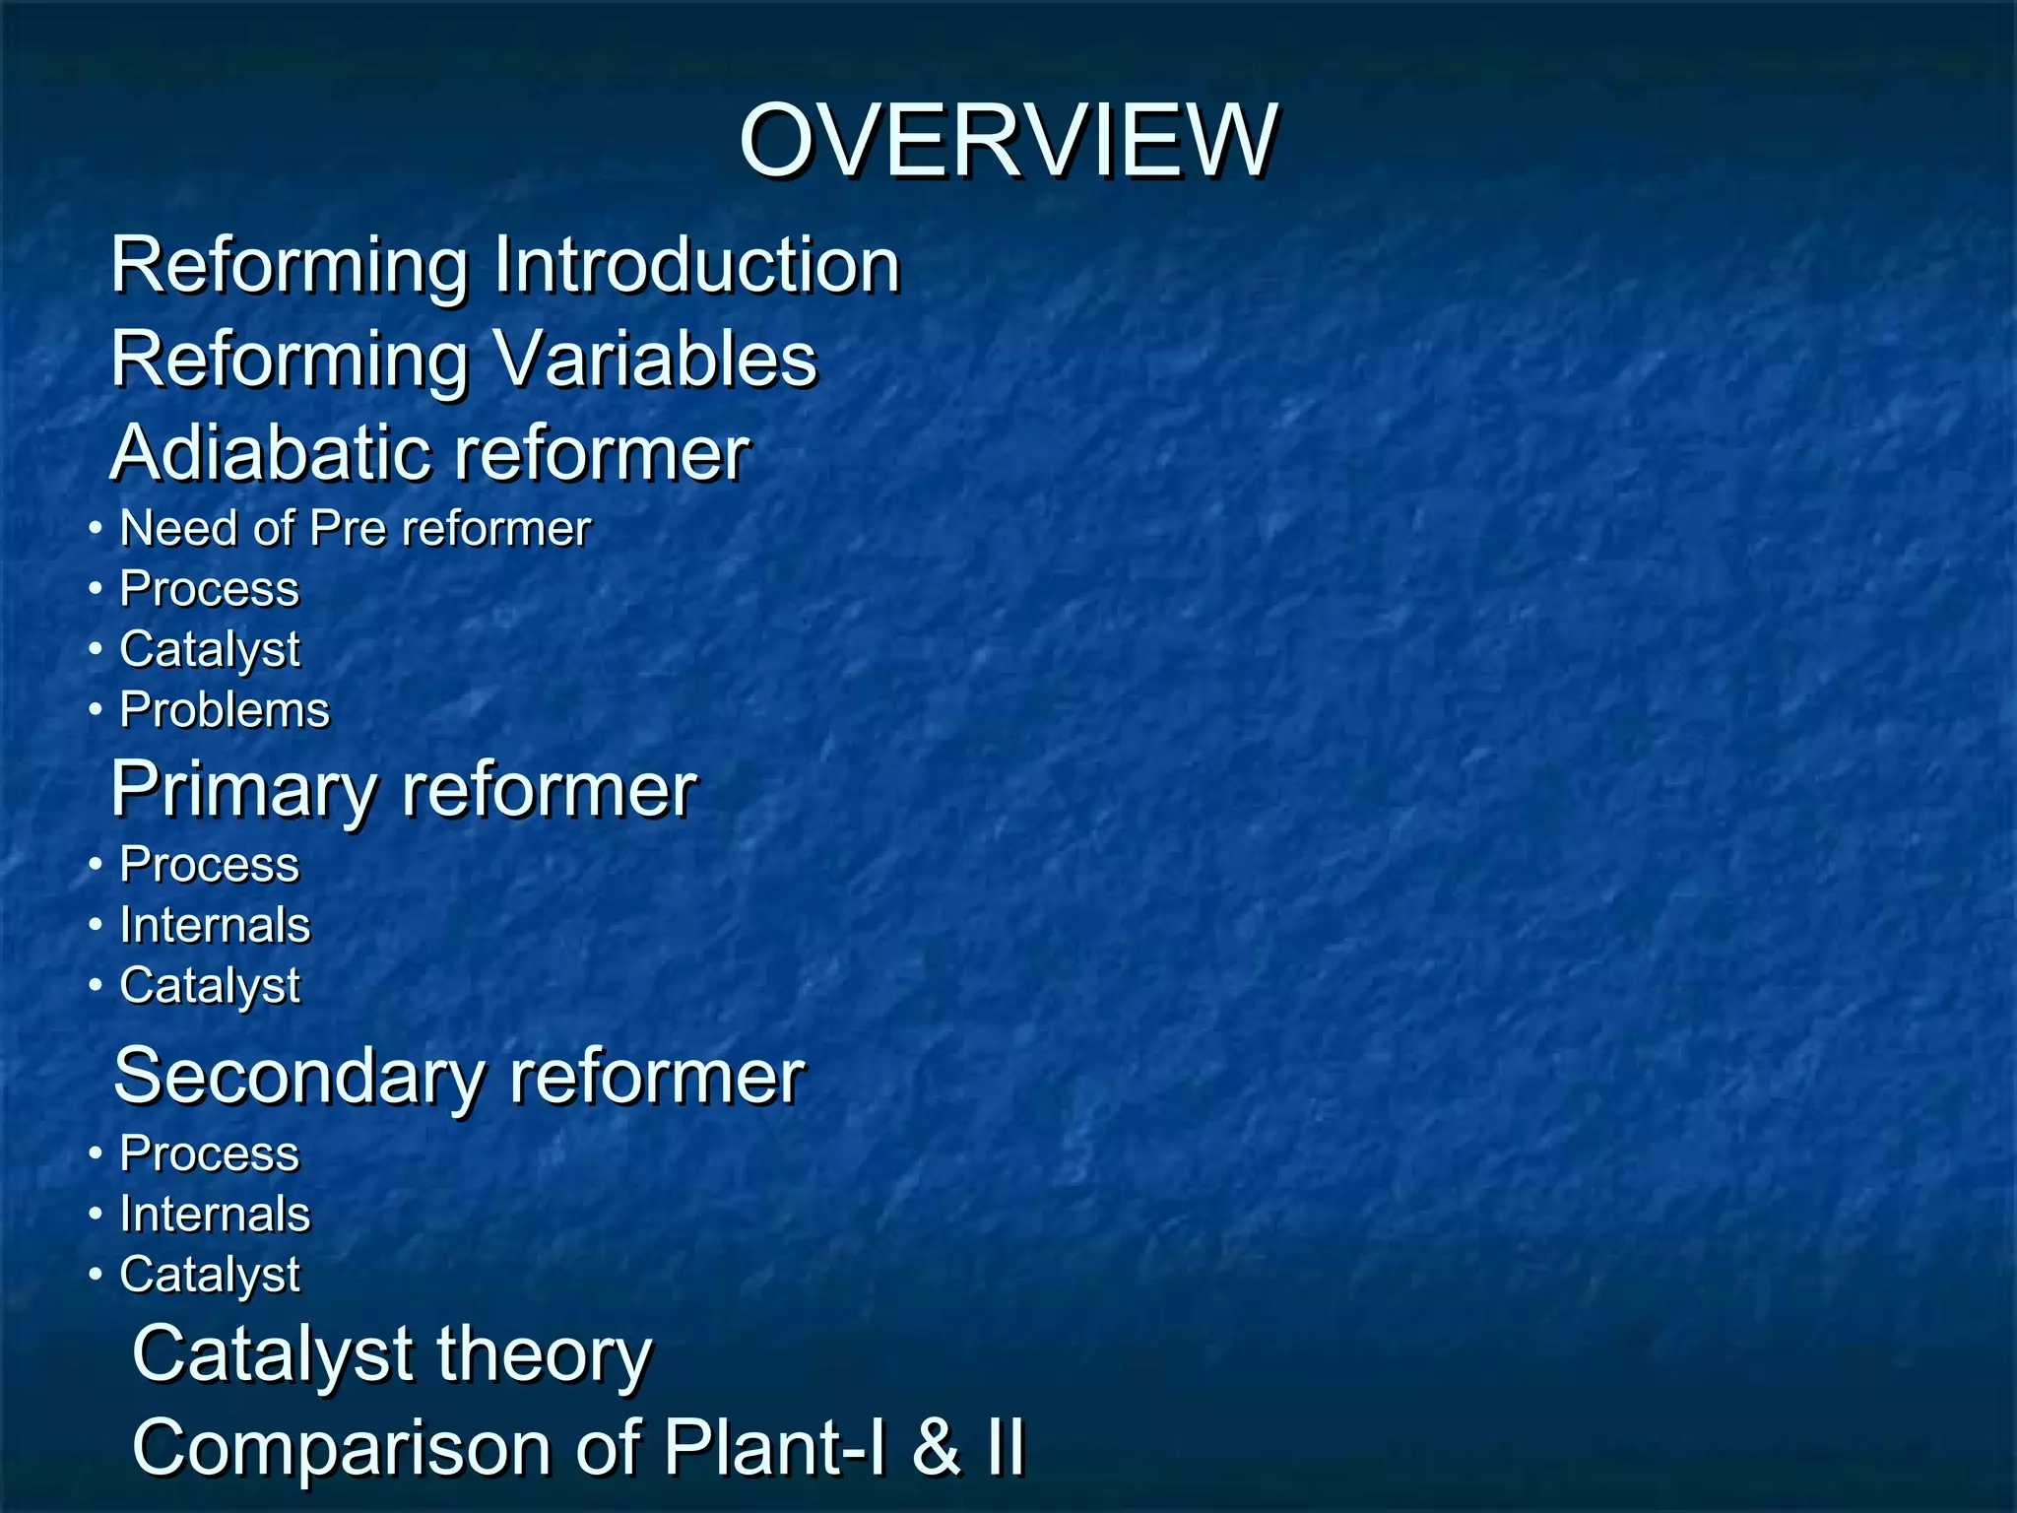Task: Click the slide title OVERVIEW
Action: click(x=1008, y=142)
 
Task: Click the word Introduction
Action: click(x=696, y=265)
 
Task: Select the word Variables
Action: click(x=655, y=359)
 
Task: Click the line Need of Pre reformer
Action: click(x=355, y=529)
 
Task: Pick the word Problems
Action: click(x=225, y=710)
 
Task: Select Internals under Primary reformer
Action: click(x=215, y=925)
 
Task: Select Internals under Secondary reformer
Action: click(x=215, y=1214)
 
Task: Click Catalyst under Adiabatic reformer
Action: click(x=210, y=650)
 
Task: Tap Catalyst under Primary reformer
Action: click(x=210, y=986)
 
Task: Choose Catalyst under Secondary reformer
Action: click(x=210, y=1275)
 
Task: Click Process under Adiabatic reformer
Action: click(x=209, y=589)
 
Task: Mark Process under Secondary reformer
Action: click(x=209, y=1153)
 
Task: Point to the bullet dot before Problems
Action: click(x=95, y=710)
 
